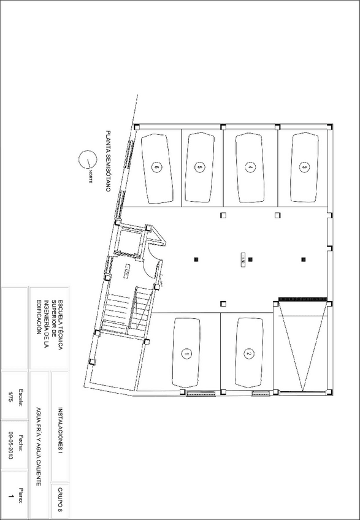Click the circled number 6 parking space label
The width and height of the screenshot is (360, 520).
(x=157, y=166)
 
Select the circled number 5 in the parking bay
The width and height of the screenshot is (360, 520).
(x=199, y=166)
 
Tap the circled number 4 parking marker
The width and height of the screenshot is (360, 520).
(x=250, y=166)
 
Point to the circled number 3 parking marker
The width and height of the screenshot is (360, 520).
(x=304, y=166)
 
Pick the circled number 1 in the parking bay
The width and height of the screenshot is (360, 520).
(x=186, y=353)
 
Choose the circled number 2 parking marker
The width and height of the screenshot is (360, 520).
(x=248, y=353)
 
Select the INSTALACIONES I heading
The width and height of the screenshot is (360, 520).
(x=60, y=430)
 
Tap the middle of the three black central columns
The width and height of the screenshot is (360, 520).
(x=250, y=259)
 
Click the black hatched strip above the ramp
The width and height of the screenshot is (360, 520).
(x=301, y=299)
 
